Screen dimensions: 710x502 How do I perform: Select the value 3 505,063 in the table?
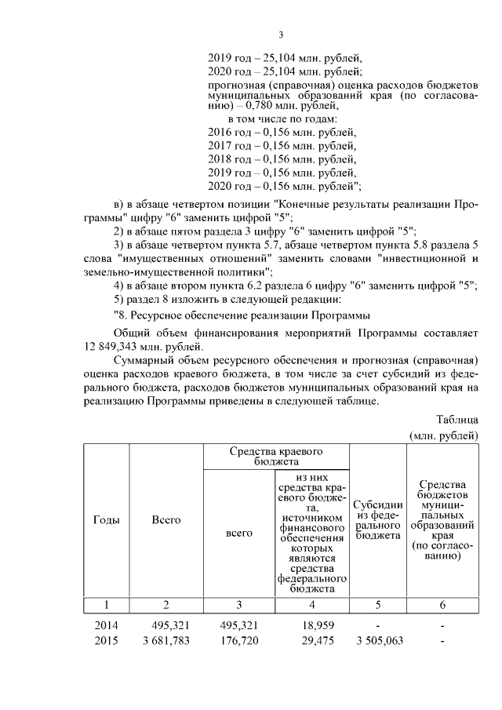click(x=378, y=641)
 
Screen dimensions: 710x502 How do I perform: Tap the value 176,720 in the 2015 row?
click(x=238, y=641)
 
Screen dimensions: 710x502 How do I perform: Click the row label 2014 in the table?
click(x=106, y=626)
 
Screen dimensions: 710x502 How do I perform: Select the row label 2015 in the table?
click(x=106, y=641)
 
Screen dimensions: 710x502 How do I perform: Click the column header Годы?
click(x=106, y=519)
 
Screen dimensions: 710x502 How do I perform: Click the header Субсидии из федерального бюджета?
click(x=378, y=520)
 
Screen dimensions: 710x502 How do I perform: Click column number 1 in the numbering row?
click(x=106, y=604)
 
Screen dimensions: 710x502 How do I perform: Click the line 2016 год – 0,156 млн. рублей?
click(x=282, y=131)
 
